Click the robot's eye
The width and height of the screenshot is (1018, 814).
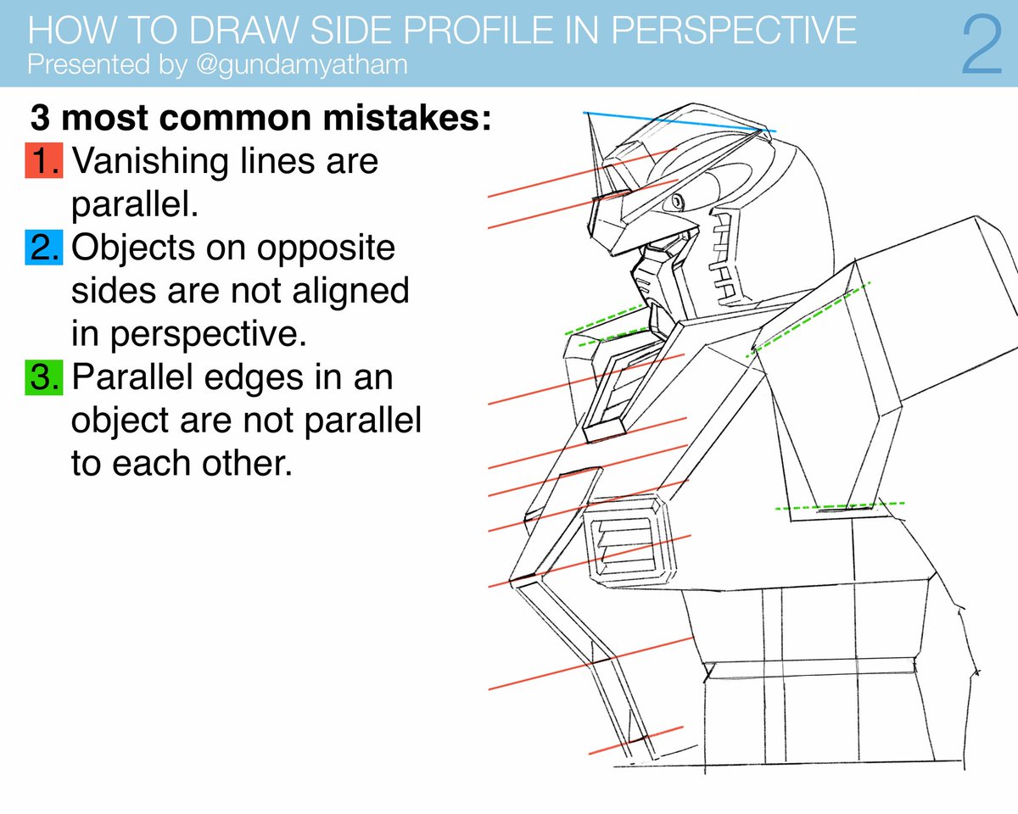pyautogui.click(x=678, y=202)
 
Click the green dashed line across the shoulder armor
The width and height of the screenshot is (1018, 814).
pyautogui.click(x=810, y=318)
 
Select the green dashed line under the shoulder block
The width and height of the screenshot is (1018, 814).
pyautogui.click(x=840, y=506)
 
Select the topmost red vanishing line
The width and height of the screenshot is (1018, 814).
pyautogui.click(x=585, y=174)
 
